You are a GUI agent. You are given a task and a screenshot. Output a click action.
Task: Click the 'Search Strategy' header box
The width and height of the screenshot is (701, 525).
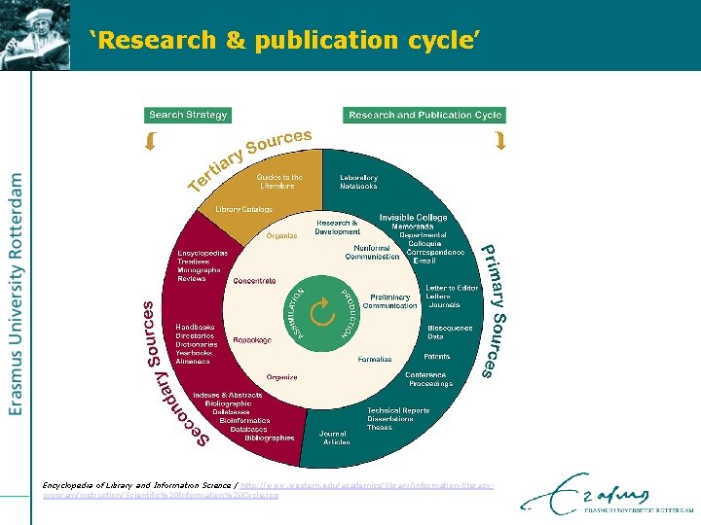tap(188, 115)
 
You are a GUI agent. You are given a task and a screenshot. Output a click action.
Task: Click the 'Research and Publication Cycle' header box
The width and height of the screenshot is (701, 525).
tap(425, 115)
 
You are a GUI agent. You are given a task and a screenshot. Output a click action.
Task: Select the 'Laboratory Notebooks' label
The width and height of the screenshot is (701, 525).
tap(359, 181)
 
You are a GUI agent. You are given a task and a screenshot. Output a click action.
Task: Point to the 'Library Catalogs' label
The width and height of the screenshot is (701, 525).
tap(243, 209)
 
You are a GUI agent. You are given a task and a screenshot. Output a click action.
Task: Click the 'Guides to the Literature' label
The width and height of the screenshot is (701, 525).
tap(279, 181)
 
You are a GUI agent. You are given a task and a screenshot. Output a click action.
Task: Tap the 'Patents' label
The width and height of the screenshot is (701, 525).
tap(437, 357)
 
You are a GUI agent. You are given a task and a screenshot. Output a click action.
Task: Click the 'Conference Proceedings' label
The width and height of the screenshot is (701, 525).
tap(429, 379)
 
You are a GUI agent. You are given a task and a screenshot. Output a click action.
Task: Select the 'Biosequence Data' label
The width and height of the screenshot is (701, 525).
tap(450, 332)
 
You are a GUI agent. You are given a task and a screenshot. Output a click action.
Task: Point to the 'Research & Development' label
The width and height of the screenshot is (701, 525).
tap(338, 227)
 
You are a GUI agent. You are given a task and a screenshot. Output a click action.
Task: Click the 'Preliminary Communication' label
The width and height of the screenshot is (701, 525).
tap(389, 300)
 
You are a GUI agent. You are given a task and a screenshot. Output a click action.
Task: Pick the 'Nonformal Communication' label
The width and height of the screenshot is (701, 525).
tap(370, 252)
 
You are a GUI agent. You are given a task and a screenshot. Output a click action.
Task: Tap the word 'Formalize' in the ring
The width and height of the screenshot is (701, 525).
tap(375, 359)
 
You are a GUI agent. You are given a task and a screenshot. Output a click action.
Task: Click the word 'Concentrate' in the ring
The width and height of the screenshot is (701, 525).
tap(254, 281)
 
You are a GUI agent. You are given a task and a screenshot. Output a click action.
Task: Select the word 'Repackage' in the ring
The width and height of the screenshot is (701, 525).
tap(252, 340)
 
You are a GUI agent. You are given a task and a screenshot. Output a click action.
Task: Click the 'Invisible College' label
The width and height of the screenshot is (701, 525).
tap(414, 217)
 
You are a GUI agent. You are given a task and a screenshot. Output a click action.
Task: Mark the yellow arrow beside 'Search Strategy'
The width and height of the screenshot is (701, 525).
tap(151, 142)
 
